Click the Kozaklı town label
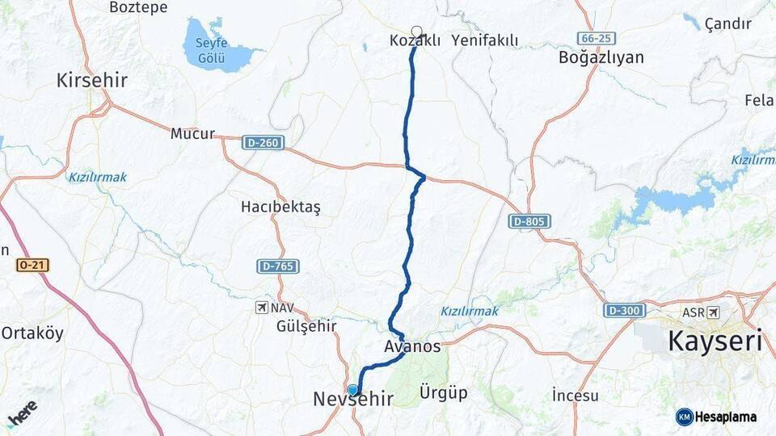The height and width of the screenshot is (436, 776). click(415, 40)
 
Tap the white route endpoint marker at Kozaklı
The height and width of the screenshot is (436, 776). click(417, 31)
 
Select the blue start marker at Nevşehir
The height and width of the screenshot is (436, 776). click(352, 390)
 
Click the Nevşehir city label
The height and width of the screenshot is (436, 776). click(353, 398)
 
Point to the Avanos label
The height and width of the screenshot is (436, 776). click(412, 346)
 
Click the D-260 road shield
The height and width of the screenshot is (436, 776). click(263, 142)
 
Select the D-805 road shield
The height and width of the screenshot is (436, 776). click(529, 220)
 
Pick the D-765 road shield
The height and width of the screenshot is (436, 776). click(278, 266)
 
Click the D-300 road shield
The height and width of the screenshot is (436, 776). click(623, 310)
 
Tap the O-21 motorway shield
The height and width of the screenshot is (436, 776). click(29, 265)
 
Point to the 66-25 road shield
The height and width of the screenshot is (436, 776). click(597, 38)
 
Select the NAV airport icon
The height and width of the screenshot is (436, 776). click(261, 308)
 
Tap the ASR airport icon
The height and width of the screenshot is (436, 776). click(712, 312)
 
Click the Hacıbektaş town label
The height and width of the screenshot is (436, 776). click(280, 208)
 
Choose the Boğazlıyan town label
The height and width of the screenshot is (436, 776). click(601, 57)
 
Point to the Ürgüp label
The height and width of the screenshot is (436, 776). click(444, 393)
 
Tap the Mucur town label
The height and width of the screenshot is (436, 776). click(192, 134)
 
